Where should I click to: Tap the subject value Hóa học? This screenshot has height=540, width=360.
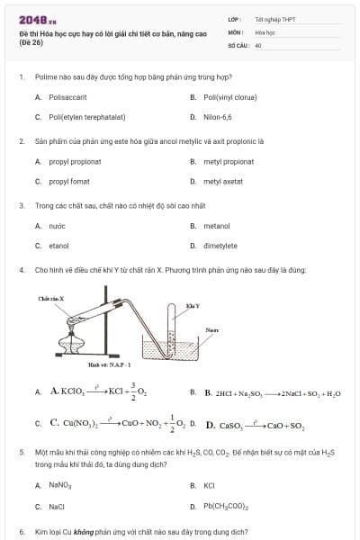tap(264, 31)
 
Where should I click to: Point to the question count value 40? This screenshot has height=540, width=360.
tap(258, 44)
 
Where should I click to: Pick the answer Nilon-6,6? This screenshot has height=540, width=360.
tap(218, 117)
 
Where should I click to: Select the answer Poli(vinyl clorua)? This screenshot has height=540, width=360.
tap(230, 96)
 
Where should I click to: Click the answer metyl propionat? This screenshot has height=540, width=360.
tap(229, 161)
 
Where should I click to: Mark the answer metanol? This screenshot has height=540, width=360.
tap(217, 226)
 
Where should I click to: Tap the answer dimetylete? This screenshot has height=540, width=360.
tap(220, 246)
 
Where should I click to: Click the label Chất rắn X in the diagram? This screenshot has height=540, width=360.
tap(50, 298)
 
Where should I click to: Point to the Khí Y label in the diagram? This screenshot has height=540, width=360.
tap(192, 307)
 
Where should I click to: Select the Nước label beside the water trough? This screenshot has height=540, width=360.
tap(212, 330)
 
